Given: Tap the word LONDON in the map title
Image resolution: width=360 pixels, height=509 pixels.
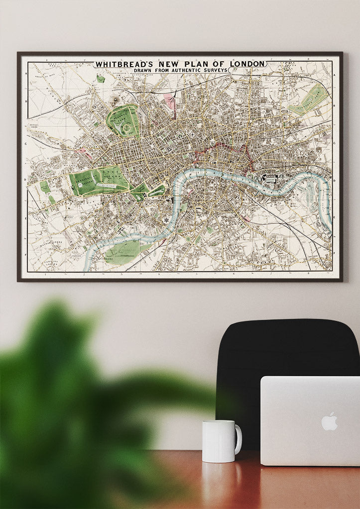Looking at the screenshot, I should point(247,64).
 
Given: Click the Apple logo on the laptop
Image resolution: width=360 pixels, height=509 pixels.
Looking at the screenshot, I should point(329,421).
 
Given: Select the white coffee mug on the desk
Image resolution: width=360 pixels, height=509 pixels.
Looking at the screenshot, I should point(220,441).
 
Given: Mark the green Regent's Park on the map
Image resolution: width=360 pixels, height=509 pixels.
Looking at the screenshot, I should point(122,122).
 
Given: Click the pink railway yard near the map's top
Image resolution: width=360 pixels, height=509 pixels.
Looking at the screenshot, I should point(170,101).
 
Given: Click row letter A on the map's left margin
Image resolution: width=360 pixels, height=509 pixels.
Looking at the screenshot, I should point(25,73).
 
